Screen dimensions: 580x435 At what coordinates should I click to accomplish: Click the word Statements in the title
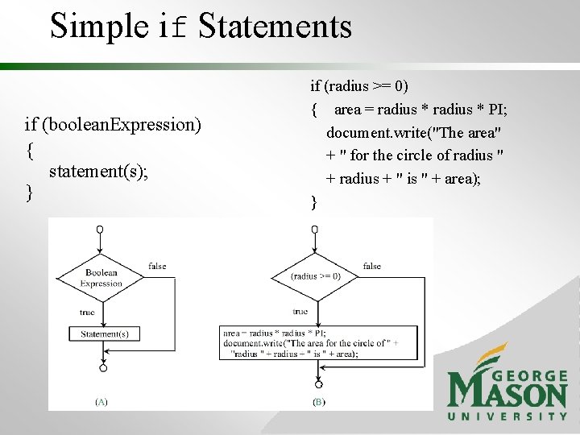pyautogui.click(x=275, y=26)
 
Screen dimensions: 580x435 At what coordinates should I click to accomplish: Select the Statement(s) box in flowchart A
pyautogui.click(x=104, y=333)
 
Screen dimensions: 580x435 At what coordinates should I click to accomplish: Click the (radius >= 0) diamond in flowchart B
pyautogui.click(x=316, y=275)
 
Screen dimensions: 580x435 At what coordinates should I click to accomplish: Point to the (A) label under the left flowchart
pyautogui.click(x=102, y=400)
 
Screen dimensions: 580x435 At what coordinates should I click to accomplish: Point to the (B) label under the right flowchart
pyautogui.click(x=318, y=400)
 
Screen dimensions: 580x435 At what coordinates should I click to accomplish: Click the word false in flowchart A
pyautogui.click(x=158, y=266)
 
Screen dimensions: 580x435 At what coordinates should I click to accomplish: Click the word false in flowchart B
pyautogui.click(x=372, y=266)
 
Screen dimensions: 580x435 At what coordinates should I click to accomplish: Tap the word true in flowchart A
pyautogui.click(x=87, y=312)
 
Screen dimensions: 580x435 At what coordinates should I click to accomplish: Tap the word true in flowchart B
pyautogui.click(x=300, y=311)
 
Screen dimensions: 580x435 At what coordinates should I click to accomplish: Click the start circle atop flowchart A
pyautogui.click(x=100, y=230)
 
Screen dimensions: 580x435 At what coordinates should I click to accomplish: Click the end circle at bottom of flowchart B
pyautogui.click(x=318, y=384)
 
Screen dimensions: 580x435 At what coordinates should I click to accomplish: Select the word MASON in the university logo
pyautogui.click(x=507, y=394)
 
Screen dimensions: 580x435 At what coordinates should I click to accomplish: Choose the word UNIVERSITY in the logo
pyautogui.click(x=507, y=416)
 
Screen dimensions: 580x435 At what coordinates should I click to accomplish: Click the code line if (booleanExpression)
pyautogui.click(x=113, y=125)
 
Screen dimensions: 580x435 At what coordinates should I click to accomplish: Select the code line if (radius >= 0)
pyautogui.click(x=359, y=85)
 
